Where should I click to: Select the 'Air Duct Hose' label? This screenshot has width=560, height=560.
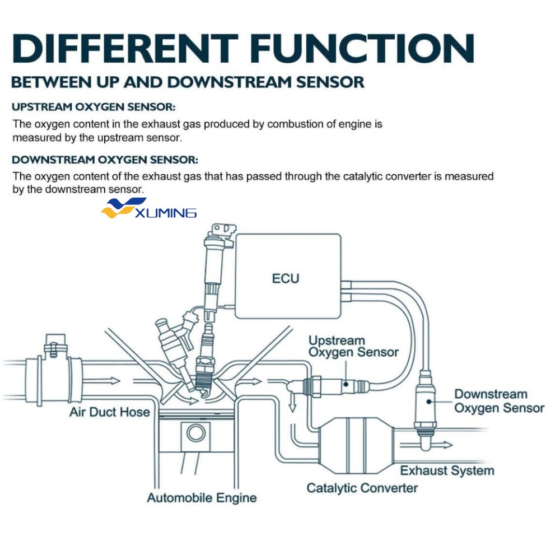pos(110,413)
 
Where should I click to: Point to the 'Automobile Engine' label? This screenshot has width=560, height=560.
pos(202,498)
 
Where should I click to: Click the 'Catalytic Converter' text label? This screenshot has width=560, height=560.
pos(362,488)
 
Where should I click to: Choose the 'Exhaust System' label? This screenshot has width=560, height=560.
pos(447,470)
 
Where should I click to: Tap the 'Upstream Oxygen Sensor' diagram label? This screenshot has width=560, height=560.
pos(353,347)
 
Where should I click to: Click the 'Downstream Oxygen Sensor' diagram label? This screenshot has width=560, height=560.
pos(498,401)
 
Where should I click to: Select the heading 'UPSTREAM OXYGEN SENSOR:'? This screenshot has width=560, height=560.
pos(94,106)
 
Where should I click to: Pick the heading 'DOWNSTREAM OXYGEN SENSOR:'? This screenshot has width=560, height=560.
pos(105,160)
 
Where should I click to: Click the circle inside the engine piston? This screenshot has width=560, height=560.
pos(196,433)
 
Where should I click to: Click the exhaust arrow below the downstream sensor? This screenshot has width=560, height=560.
pos(435,445)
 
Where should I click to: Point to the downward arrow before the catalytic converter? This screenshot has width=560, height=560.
pos(292,402)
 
